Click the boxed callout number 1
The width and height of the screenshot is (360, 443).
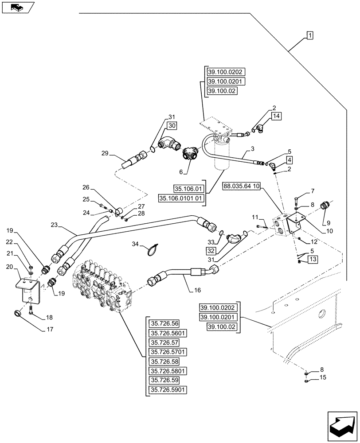coord(309,35)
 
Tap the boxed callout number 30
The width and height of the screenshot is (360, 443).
coord(172,126)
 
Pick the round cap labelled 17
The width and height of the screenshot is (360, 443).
coord(18,314)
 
